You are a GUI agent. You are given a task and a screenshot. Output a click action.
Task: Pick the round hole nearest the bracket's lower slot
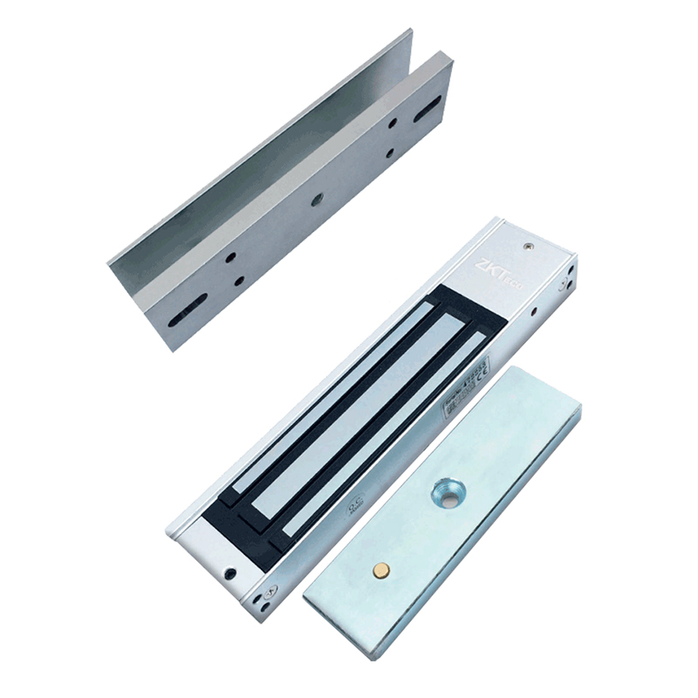[233, 258]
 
